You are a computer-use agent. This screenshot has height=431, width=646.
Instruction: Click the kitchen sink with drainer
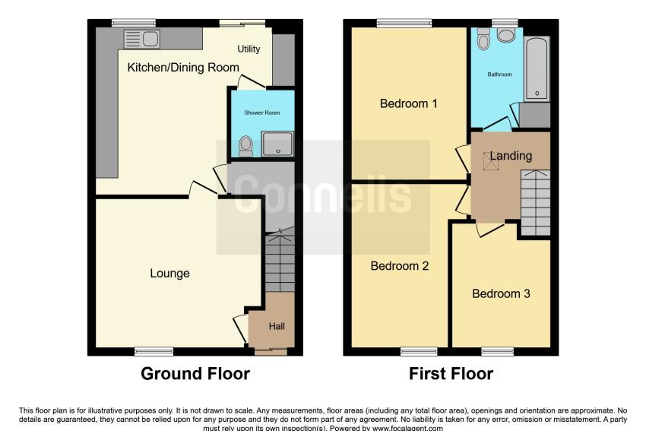(141, 39)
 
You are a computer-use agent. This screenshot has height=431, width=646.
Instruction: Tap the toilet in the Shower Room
(246, 146)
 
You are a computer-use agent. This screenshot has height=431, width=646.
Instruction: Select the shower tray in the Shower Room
(277, 144)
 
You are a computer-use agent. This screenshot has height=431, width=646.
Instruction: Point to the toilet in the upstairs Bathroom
(483, 39)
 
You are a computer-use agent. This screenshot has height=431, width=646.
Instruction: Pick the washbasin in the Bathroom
(506, 35)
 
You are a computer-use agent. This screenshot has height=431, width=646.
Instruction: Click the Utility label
(249, 49)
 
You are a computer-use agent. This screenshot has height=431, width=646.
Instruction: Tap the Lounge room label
(169, 273)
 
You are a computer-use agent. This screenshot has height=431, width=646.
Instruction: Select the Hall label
(277, 326)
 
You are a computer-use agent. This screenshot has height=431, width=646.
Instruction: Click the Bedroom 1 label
(408, 103)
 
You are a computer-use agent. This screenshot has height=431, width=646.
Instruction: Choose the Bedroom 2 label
(400, 266)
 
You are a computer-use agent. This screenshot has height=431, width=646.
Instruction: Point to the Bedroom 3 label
(501, 293)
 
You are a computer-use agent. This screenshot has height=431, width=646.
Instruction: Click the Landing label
(511, 156)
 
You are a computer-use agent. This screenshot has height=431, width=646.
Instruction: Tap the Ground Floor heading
(195, 374)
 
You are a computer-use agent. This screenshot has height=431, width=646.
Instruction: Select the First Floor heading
(451, 374)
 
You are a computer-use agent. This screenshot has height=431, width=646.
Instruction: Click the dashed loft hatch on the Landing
(491, 161)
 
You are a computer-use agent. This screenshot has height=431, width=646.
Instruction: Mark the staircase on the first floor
(536, 202)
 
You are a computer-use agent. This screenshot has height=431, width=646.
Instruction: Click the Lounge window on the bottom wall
(154, 351)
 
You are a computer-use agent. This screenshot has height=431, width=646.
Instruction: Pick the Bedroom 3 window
(498, 351)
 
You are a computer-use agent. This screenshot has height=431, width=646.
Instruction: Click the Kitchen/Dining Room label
(183, 68)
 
